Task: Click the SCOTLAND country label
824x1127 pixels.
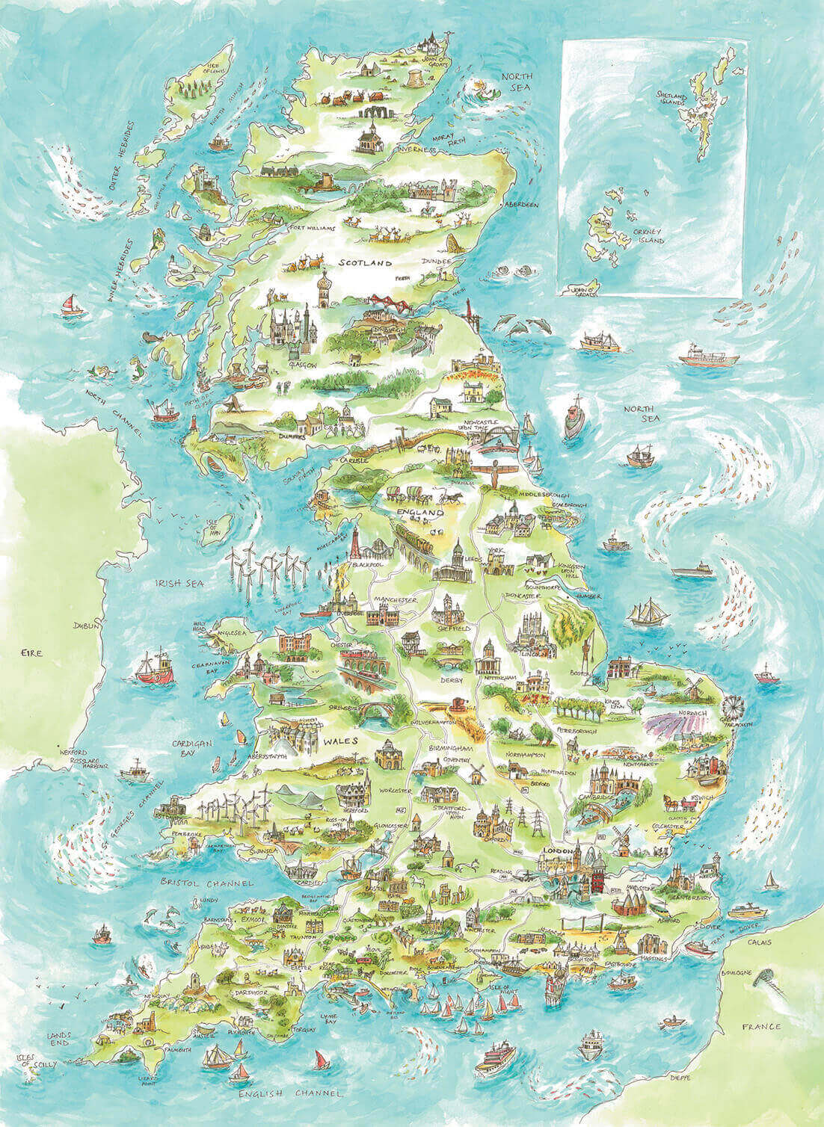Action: click(366, 264)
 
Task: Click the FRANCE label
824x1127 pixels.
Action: click(762, 1027)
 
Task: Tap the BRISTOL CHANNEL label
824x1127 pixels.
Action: click(207, 883)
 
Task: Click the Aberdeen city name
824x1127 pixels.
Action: click(521, 204)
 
